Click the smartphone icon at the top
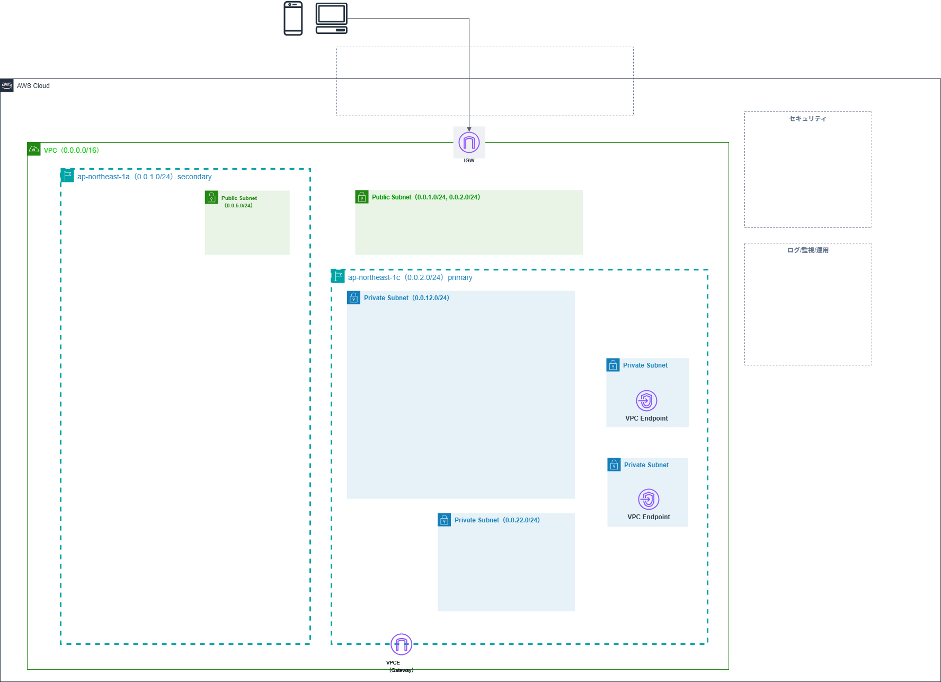[x=293, y=19]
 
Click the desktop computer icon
[x=332, y=19]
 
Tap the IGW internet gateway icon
[x=469, y=142]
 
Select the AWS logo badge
[x=7, y=85]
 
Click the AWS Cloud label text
[x=33, y=86]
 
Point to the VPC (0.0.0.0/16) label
[x=72, y=151]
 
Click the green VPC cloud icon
[x=34, y=149]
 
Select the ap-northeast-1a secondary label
[x=144, y=177]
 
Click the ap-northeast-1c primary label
[x=410, y=278]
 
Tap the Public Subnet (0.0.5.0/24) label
[x=239, y=202]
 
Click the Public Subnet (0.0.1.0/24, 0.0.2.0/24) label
[x=426, y=197]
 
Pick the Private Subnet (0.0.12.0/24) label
[x=406, y=298]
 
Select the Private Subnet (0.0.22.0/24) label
[x=497, y=520]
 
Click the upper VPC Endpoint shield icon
[x=646, y=400]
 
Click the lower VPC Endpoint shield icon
[x=649, y=499]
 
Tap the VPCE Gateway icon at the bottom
[x=401, y=644]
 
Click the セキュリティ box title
[x=807, y=119]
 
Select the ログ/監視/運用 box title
[x=807, y=250]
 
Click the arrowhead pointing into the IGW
[x=469, y=129]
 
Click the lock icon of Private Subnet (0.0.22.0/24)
[x=445, y=520]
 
